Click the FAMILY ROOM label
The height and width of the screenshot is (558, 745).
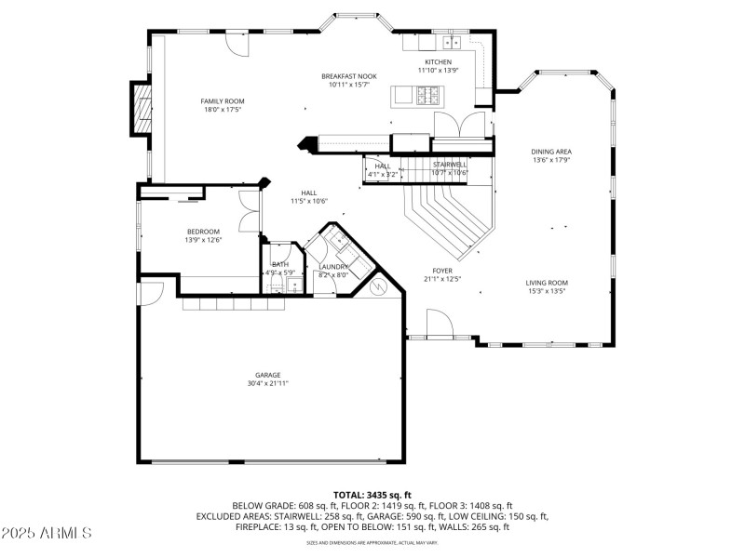[223, 100]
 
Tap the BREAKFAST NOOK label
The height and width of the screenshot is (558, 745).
[349, 76]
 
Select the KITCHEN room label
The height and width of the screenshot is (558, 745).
[439, 62]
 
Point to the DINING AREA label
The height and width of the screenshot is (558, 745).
[551, 152]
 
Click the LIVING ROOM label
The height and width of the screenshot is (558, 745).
[547, 283]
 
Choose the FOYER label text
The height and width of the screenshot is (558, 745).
[442, 271]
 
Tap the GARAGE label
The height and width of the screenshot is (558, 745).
[268, 375]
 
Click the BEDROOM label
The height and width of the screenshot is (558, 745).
[203, 232]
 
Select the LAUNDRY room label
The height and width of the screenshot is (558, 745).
[333, 267]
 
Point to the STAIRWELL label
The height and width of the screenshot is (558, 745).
[450, 165]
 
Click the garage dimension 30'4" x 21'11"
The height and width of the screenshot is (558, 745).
[268, 383]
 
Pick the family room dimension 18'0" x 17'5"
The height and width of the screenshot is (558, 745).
[223, 110]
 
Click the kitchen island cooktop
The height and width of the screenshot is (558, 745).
[428, 95]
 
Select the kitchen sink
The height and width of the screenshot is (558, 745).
[452, 42]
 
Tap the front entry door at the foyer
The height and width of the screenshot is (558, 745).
[439, 325]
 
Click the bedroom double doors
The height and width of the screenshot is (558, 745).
[248, 212]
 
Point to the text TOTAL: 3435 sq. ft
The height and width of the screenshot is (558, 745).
[372, 495]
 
